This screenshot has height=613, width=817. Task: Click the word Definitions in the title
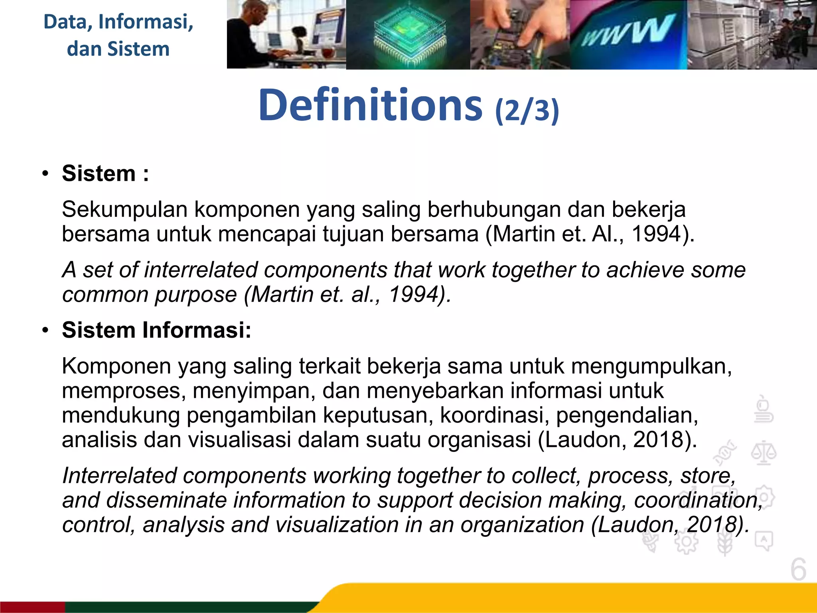click(370, 105)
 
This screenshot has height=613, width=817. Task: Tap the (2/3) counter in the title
click(527, 111)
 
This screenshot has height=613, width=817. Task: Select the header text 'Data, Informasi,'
click(118, 22)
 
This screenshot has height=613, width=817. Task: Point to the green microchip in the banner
click(409, 36)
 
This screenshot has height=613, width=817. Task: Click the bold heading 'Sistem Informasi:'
click(156, 330)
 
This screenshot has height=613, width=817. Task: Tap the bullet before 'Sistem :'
click(45, 174)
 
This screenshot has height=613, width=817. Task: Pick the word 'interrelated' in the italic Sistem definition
click(201, 270)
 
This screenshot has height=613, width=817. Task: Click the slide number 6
click(798, 570)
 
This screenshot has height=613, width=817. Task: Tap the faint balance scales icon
click(764, 453)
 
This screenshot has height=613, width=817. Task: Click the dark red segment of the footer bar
click(32, 607)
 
